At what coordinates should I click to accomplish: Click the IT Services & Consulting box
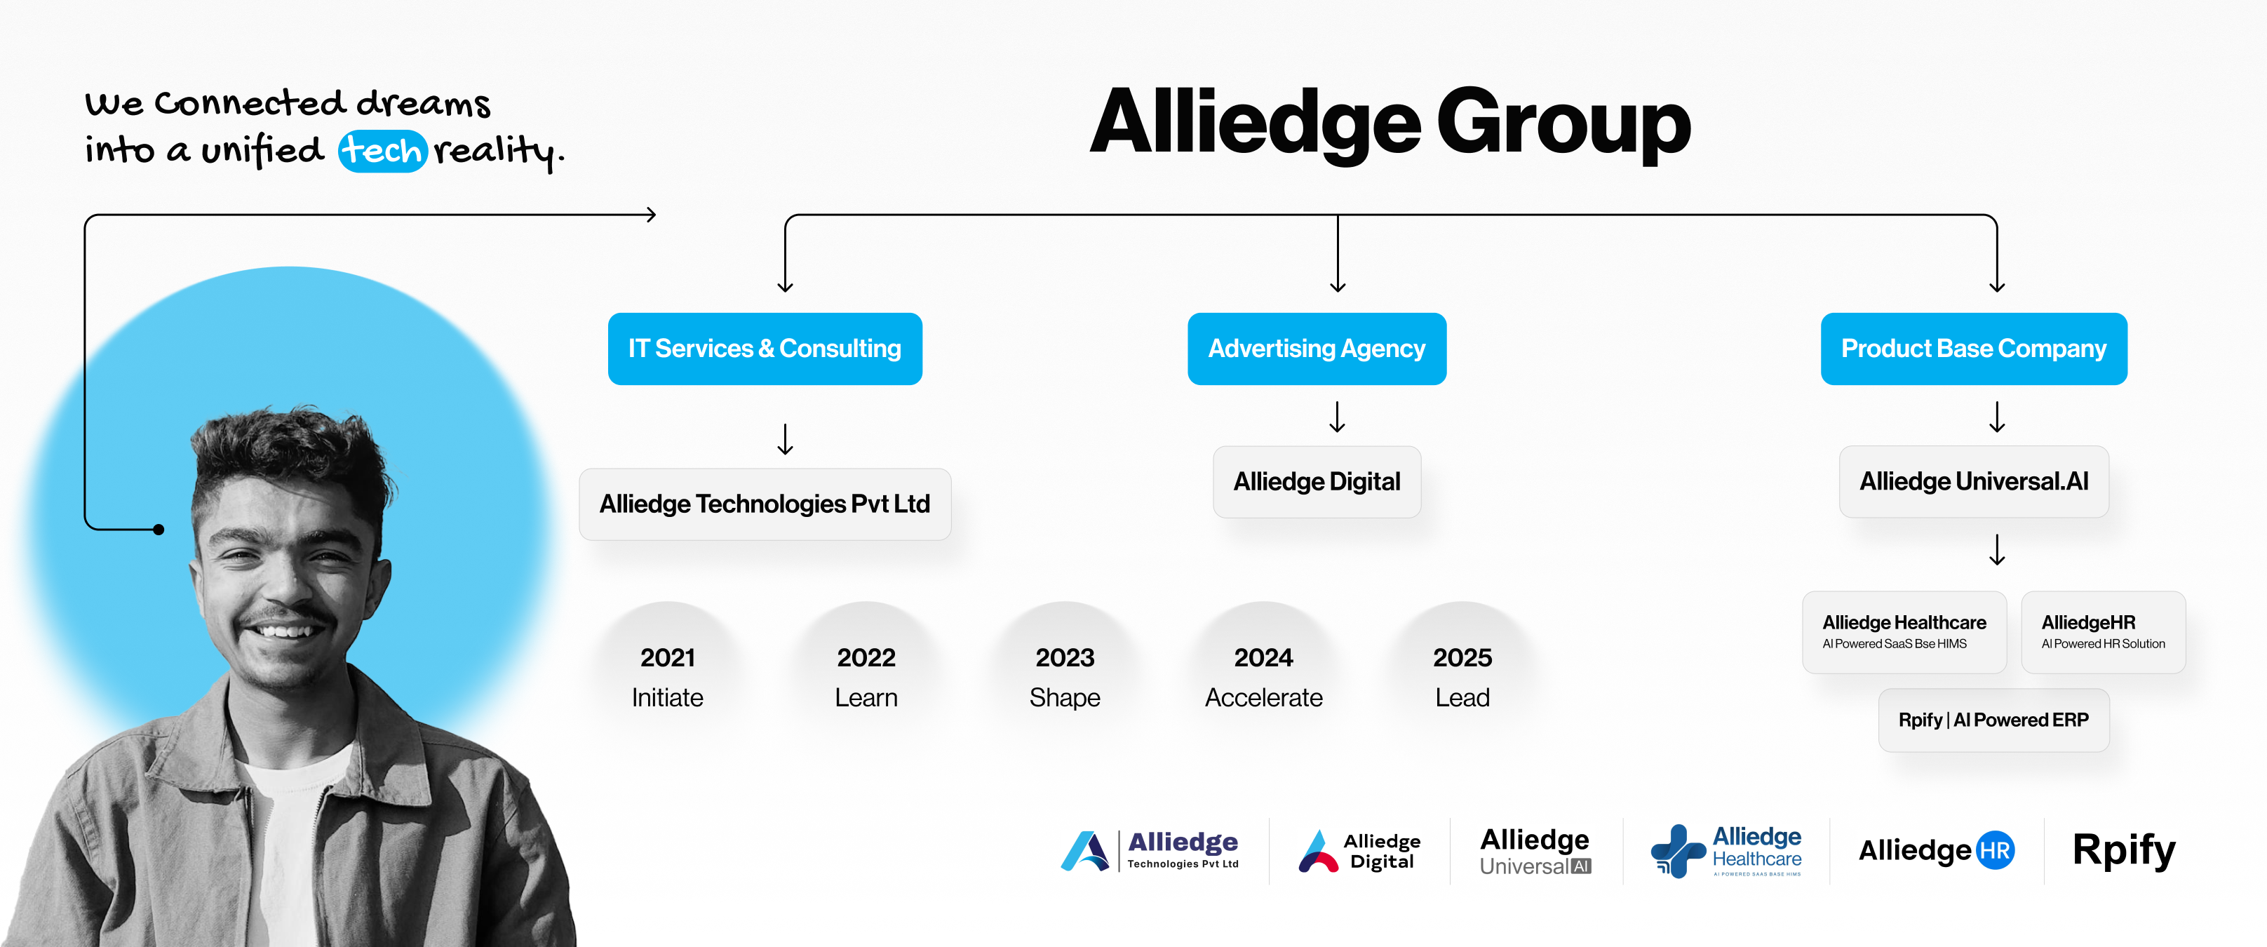click(765, 349)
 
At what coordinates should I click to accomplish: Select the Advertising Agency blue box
click(1317, 349)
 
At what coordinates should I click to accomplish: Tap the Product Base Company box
click(1974, 349)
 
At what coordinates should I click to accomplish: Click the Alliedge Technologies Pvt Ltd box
click(765, 504)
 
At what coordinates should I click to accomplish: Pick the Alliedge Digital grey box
click(1317, 481)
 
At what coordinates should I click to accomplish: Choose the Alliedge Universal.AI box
click(1974, 481)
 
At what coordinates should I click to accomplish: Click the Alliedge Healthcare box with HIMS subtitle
click(1904, 632)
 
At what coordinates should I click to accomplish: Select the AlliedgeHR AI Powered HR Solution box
click(2104, 632)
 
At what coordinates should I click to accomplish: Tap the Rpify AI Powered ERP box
click(1993, 720)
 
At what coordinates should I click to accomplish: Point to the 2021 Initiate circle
click(668, 674)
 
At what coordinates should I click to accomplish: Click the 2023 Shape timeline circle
click(1065, 674)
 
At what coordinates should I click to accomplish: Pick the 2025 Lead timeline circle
click(1462, 674)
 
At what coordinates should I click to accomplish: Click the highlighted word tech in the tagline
click(383, 151)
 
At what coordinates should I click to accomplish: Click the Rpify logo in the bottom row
click(2123, 850)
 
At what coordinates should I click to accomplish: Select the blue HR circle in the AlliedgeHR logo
click(1995, 850)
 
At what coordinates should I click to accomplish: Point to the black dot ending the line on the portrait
click(159, 530)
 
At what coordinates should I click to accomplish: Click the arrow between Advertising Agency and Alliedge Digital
click(1338, 416)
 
